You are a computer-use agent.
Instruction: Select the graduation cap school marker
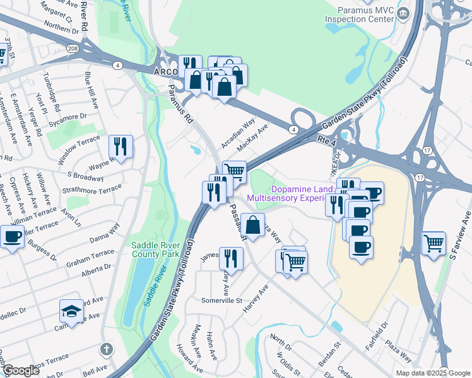[x=71, y=311]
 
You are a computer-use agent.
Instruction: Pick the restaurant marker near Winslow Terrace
[x=121, y=147]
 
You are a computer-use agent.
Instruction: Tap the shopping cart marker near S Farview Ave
[x=433, y=243]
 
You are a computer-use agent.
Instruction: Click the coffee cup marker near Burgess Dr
[x=12, y=237]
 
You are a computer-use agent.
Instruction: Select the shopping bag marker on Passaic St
[x=252, y=225]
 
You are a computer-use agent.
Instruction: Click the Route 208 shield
[x=73, y=48]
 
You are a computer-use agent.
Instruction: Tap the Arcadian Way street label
[x=239, y=131]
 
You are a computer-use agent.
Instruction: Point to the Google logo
[x=20, y=370]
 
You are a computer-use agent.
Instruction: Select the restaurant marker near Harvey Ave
[x=231, y=258]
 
